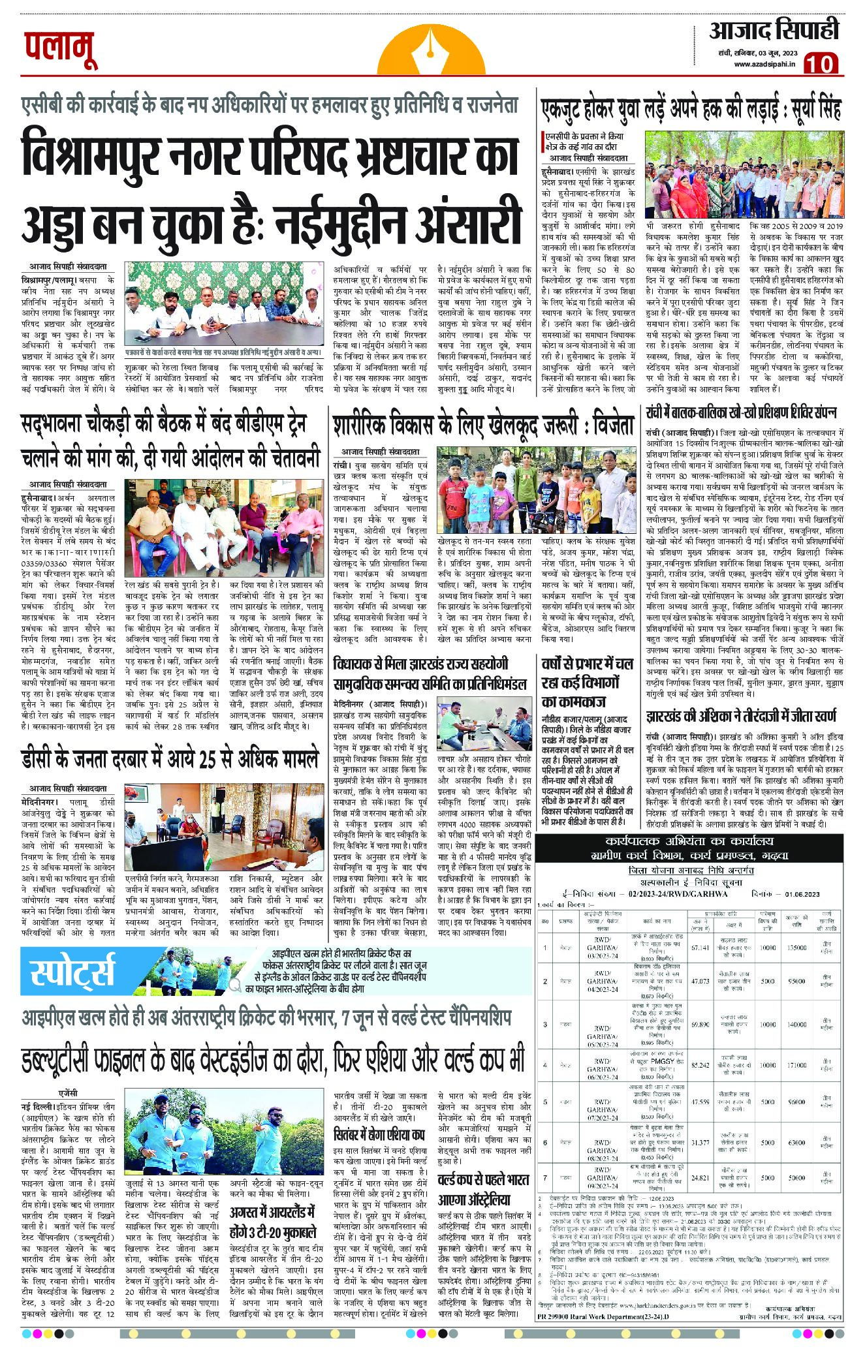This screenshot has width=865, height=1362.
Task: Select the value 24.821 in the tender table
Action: pos(700,1179)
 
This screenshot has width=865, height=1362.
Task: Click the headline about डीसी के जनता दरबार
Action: pos(170,759)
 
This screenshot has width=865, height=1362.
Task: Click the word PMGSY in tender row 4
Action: pos(664,1064)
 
